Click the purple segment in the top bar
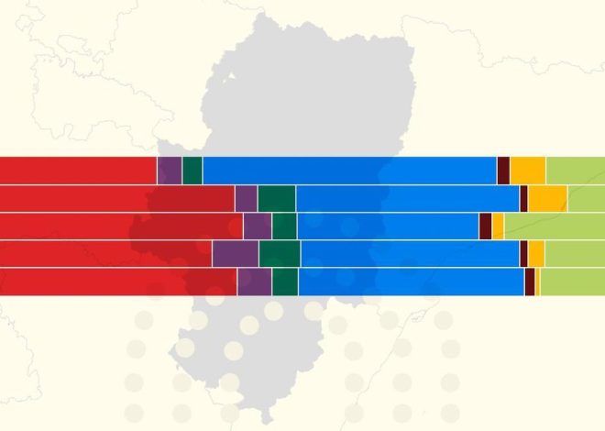click(x=170, y=171)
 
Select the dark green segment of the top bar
click(x=192, y=171)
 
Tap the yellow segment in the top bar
click(x=528, y=171)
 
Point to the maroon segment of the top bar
click(x=503, y=171)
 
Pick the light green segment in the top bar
click(x=576, y=171)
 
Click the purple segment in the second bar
click(x=246, y=198)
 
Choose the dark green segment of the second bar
click(x=276, y=198)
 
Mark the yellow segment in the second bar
click(x=547, y=198)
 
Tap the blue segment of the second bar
click(x=407, y=198)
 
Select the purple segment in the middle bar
click(x=257, y=226)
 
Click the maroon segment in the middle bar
click(x=485, y=226)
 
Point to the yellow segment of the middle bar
click(x=498, y=226)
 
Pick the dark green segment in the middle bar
click(x=284, y=226)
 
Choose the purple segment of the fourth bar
click(x=235, y=253)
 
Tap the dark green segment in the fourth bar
click(x=279, y=253)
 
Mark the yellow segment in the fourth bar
click(x=536, y=253)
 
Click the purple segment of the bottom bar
click(x=254, y=282)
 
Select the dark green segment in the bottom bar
click(x=285, y=282)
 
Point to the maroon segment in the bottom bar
click(x=530, y=282)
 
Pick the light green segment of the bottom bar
click(x=573, y=282)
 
